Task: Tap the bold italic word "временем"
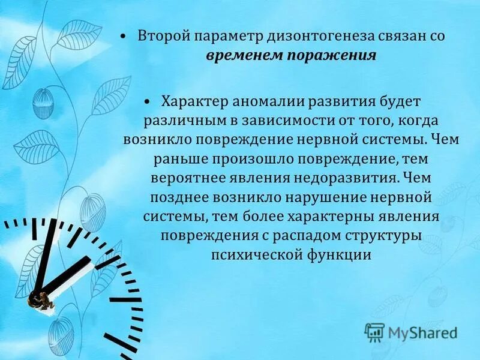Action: coord(238,56)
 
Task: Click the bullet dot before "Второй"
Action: coord(122,37)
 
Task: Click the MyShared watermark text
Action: coord(423,332)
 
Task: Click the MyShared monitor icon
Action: coord(374,331)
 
